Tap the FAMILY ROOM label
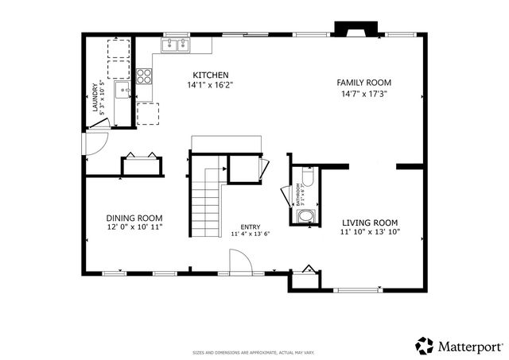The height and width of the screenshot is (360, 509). click(x=363, y=83)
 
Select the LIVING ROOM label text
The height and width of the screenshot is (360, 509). click(x=371, y=223)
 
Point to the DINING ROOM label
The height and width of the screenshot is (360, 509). click(x=135, y=218)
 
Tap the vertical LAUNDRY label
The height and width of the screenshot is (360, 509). click(x=95, y=99)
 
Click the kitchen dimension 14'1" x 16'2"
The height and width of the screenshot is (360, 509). click(x=210, y=84)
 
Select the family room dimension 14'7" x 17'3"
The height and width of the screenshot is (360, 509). click(x=363, y=93)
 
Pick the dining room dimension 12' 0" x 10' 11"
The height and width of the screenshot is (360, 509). click(x=135, y=227)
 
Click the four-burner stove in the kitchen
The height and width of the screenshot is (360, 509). click(x=145, y=77)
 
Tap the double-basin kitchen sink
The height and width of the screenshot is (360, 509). click(x=174, y=45)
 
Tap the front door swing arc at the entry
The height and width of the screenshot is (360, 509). click(x=239, y=261)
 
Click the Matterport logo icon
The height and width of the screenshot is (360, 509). click(x=425, y=345)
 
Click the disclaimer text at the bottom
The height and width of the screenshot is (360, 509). click(x=254, y=352)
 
